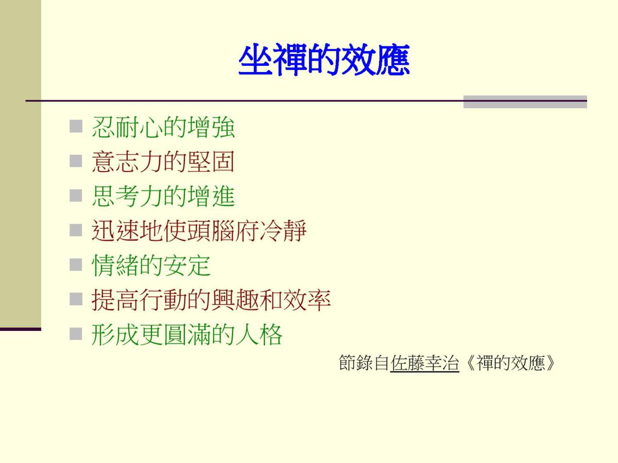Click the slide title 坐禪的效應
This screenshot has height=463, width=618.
click(324, 60)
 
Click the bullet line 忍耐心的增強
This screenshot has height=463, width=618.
click(163, 127)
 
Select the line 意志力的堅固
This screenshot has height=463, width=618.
click(163, 162)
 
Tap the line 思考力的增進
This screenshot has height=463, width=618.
click(163, 196)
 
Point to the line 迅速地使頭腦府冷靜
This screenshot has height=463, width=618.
click(199, 231)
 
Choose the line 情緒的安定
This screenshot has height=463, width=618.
click(151, 265)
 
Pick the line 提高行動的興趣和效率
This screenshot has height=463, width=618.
click(211, 300)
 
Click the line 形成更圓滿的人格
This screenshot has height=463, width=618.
click(187, 335)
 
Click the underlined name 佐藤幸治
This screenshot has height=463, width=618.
click(424, 363)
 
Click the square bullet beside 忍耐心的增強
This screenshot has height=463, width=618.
click(76, 126)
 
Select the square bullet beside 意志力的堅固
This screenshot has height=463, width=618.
click(76, 161)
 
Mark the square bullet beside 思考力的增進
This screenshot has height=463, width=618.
click(76, 195)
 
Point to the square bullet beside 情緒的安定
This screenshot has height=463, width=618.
click(76, 265)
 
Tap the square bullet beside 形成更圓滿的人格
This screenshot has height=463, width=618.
click(76, 334)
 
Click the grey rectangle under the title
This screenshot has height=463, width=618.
click(525, 102)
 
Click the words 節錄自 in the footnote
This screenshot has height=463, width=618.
click(364, 363)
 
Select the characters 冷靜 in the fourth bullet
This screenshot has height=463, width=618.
click(283, 231)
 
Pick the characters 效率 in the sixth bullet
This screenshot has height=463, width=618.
click(307, 300)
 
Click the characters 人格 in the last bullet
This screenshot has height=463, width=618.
click(259, 335)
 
